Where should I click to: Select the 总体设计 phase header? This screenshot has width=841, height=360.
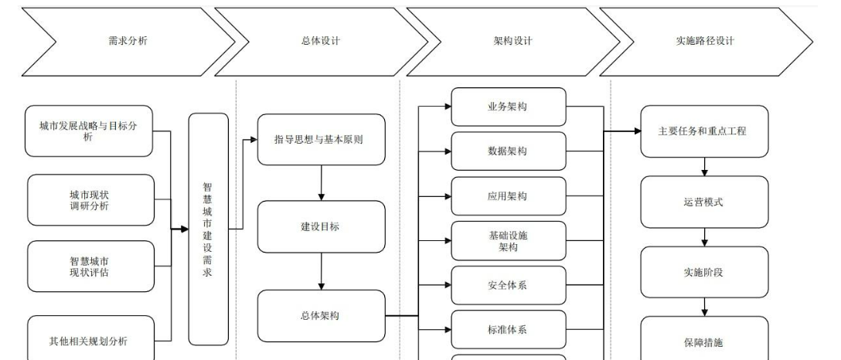(x=320, y=42)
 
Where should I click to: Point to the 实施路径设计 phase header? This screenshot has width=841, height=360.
(x=704, y=42)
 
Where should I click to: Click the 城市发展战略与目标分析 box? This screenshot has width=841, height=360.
(x=88, y=131)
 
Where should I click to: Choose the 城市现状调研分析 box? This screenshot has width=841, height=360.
(x=90, y=200)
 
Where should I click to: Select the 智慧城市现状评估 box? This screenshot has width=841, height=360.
(x=90, y=267)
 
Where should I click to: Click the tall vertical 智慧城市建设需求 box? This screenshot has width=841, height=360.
(x=209, y=229)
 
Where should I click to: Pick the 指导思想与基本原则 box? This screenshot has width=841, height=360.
(x=320, y=140)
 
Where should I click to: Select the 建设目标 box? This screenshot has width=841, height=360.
(x=320, y=227)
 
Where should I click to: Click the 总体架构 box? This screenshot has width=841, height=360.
(x=320, y=315)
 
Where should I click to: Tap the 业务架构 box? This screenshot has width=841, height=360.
(x=508, y=107)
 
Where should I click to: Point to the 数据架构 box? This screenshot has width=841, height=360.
(x=508, y=151)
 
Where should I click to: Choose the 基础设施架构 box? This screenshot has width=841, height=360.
(x=508, y=240)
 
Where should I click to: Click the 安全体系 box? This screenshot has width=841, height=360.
(x=508, y=286)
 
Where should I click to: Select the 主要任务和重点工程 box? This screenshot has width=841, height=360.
(x=704, y=131)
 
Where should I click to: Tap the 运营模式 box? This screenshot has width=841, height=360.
(x=704, y=202)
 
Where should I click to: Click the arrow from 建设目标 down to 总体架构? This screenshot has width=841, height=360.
(x=320, y=271)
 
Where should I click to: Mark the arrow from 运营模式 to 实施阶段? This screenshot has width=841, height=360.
(x=704, y=237)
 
